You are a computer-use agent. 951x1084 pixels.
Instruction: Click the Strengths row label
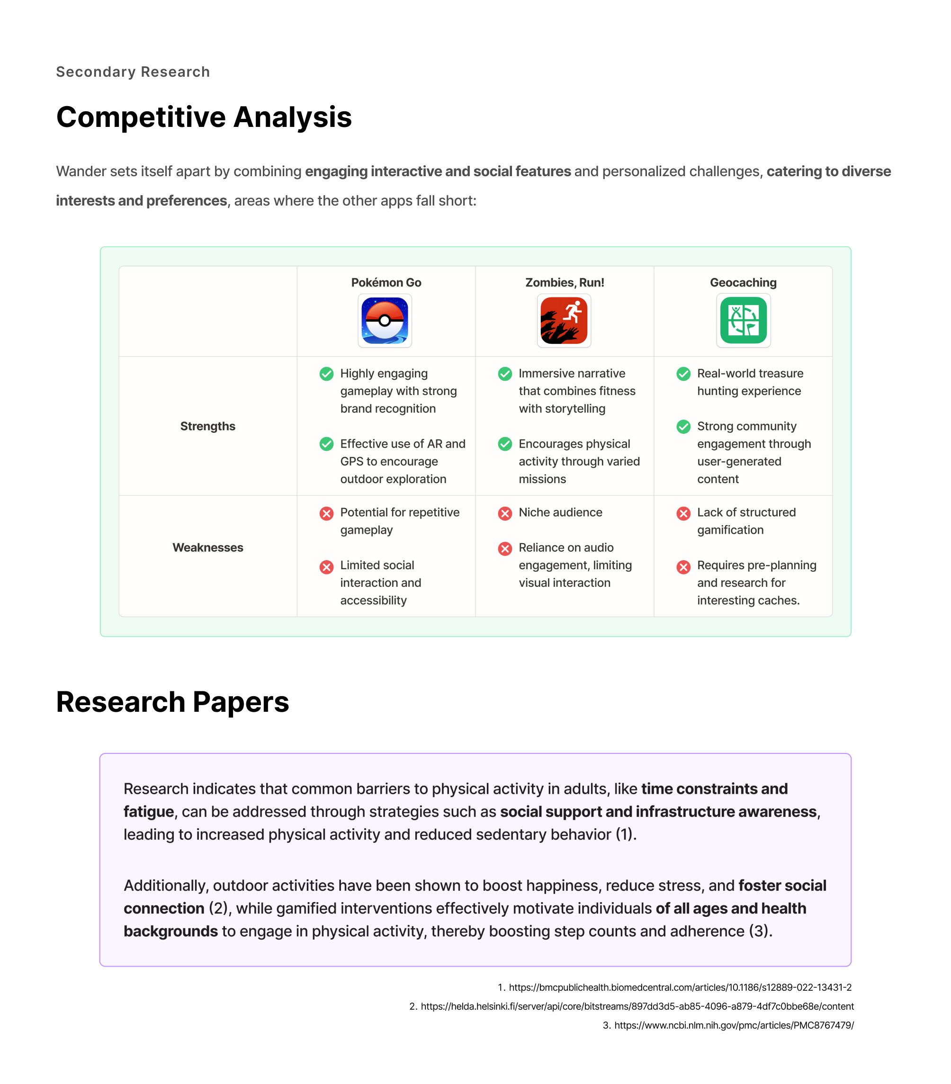[x=207, y=426]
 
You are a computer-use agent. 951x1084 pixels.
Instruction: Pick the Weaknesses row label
[x=207, y=547]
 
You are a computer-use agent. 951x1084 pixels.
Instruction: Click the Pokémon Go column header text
[x=386, y=283]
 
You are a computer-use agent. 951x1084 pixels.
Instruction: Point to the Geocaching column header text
[x=743, y=283]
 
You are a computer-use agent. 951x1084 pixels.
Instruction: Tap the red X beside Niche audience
[x=505, y=513]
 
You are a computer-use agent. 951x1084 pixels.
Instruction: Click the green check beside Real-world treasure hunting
[x=683, y=374]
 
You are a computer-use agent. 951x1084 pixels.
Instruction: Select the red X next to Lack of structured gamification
[x=683, y=513]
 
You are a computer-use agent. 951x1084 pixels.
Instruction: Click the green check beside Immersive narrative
[x=505, y=374]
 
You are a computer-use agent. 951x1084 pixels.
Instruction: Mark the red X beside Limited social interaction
[x=326, y=567]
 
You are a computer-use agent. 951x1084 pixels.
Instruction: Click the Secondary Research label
[x=133, y=72]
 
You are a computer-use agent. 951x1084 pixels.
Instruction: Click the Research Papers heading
[x=172, y=702]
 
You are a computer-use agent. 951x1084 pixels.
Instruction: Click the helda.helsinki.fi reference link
[x=637, y=1007]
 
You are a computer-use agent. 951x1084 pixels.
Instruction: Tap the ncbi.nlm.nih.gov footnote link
[x=734, y=1025]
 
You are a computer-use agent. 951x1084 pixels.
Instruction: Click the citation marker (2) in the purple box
[x=218, y=908]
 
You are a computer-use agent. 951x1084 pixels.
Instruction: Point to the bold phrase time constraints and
[x=714, y=788]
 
